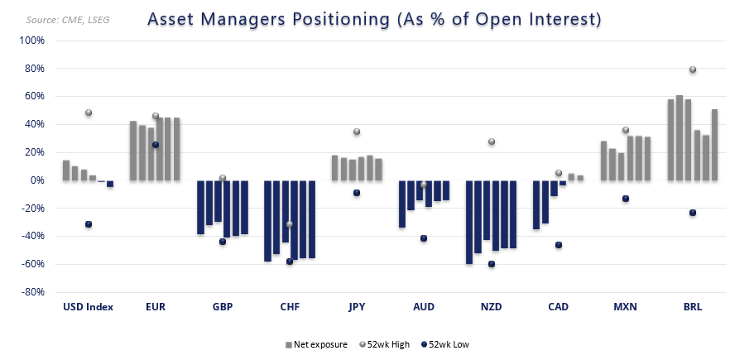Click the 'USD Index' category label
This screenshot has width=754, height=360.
pyautogui.click(x=88, y=307)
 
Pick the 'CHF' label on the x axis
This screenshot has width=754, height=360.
pyautogui.click(x=290, y=307)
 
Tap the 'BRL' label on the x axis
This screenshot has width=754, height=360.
pyautogui.click(x=693, y=307)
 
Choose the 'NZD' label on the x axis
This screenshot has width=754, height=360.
pyautogui.click(x=492, y=307)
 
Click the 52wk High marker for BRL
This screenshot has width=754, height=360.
pyautogui.click(x=693, y=70)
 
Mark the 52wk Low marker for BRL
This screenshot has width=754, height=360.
pyautogui.click(x=693, y=213)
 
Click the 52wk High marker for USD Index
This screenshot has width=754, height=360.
pyautogui.click(x=89, y=113)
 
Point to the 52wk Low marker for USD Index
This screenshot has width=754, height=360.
pyautogui.click(x=89, y=224)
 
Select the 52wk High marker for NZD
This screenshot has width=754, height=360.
pyautogui.click(x=492, y=142)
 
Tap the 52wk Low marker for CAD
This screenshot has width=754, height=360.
pyautogui.click(x=559, y=245)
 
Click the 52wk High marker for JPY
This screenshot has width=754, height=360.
pyautogui.click(x=357, y=132)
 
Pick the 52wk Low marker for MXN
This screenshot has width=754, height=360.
pyautogui.click(x=626, y=199)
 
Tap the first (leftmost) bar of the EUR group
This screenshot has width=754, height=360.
pyautogui.click(x=133, y=151)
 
